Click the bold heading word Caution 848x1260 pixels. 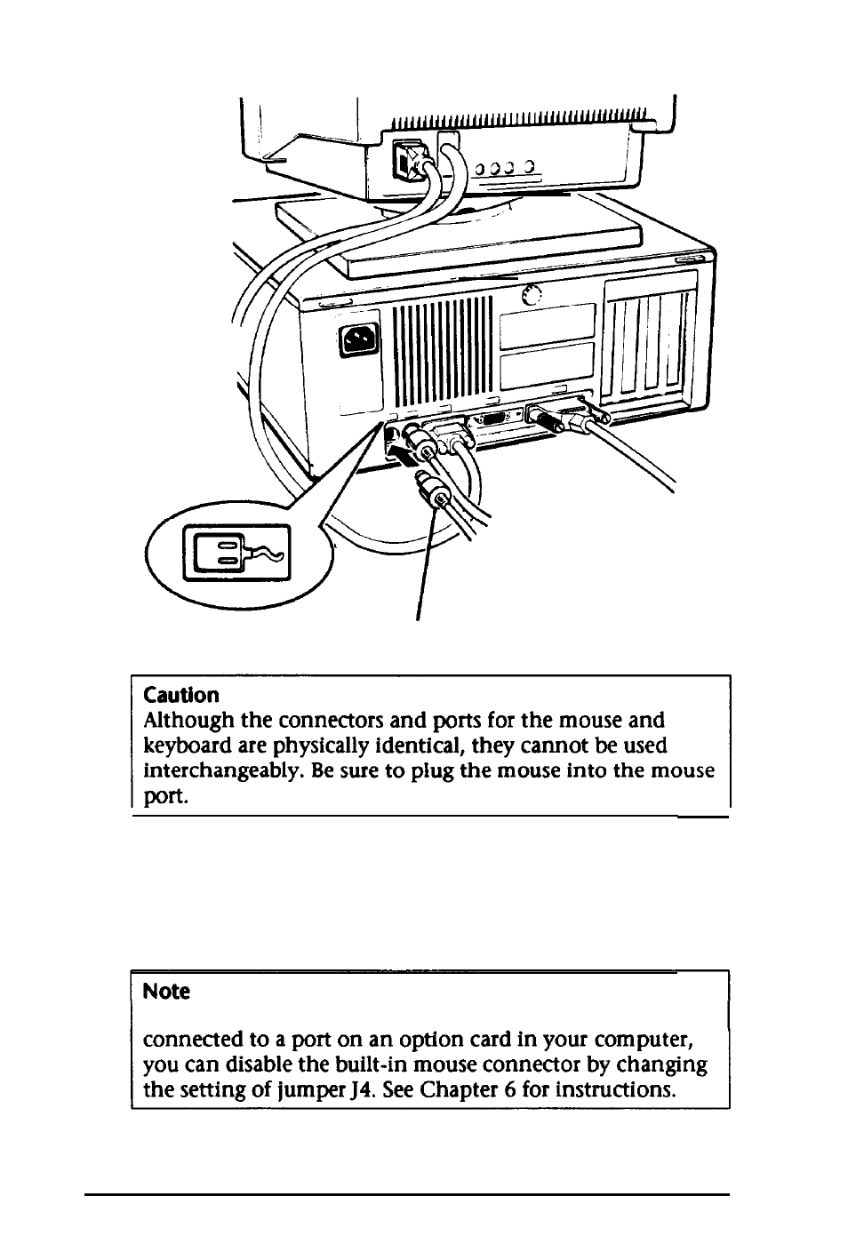tap(181, 695)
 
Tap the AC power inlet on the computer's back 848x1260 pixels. tap(358, 339)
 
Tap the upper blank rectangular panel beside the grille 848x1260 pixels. tap(547, 324)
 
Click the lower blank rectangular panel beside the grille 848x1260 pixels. tap(547, 366)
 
